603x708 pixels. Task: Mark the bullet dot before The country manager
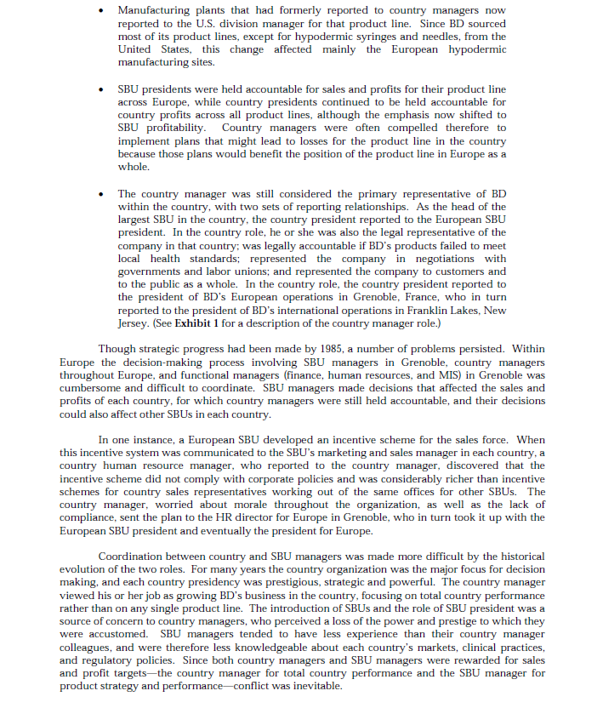[102, 194]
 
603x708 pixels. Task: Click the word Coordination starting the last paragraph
[134, 557]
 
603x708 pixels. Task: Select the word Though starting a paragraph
[117, 349]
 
